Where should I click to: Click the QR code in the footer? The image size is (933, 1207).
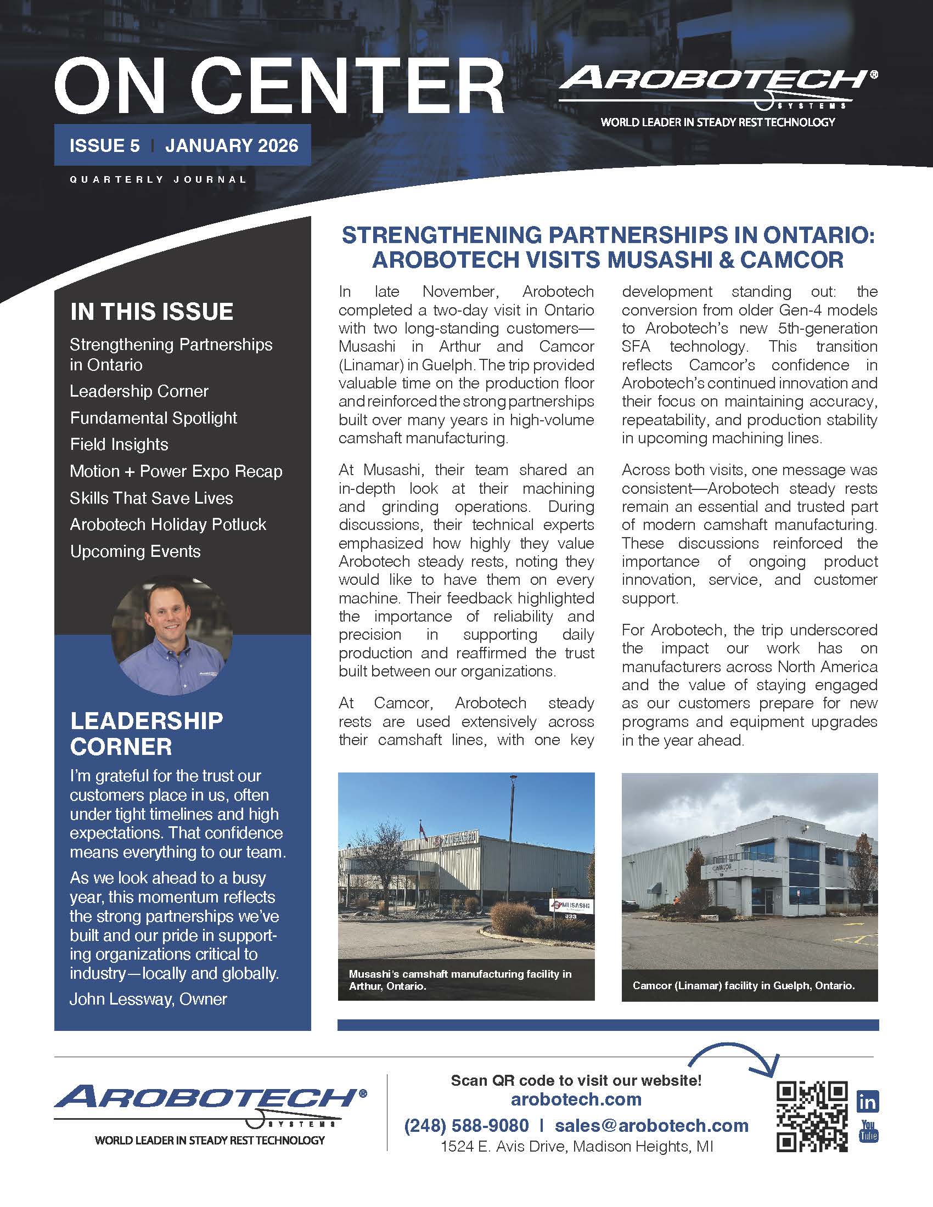click(812, 1116)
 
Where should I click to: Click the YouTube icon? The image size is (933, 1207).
click(868, 1131)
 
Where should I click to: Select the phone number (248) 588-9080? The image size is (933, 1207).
click(466, 1125)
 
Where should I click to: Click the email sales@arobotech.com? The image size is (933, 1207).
click(651, 1125)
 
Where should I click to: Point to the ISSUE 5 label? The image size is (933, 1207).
click(104, 145)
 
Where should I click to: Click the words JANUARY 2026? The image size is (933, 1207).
click(232, 145)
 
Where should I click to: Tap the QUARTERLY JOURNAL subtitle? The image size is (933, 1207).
click(158, 179)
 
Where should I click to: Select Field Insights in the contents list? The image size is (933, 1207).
click(119, 444)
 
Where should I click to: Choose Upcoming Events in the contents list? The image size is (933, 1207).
click(135, 551)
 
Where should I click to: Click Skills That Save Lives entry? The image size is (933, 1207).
click(151, 498)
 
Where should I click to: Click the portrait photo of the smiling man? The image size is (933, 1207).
click(172, 636)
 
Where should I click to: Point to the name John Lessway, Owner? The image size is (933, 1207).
click(148, 999)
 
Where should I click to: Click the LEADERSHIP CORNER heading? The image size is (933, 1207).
click(147, 734)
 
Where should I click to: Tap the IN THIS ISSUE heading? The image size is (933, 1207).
click(151, 312)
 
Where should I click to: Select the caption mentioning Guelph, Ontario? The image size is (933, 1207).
click(744, 985)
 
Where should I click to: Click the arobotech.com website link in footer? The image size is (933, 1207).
click(576, 1099)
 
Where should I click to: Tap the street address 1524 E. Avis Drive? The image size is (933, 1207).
click(576, 1147)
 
